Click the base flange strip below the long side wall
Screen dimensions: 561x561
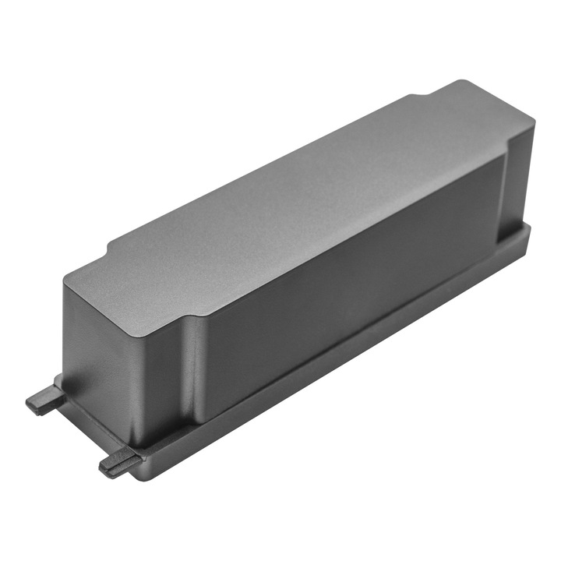tap(351, 351)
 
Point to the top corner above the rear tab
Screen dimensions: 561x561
tap(68, 274)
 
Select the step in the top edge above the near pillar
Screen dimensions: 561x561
tap(187, 312)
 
